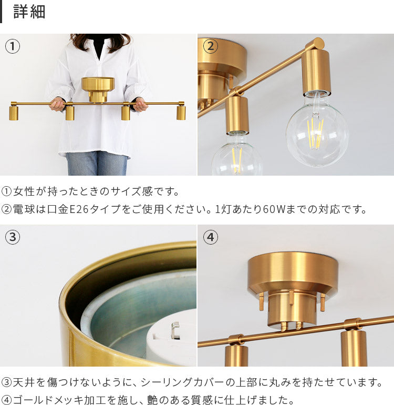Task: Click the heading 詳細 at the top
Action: click(x=29, y=12)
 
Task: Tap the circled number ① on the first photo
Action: click(x=13, y=46)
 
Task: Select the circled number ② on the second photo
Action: click(x=210, y=46)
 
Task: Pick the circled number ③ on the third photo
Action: click(x=13, y=237)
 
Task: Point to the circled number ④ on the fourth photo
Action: click(x=210, y=237)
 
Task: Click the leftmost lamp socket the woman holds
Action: click(x=14, y=112)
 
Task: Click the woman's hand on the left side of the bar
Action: click(x=57, y=105)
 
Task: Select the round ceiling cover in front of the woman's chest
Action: click(x=98, y=89)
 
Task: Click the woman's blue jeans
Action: click(x=97, y=164)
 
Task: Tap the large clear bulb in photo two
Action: click(x=317, y=130)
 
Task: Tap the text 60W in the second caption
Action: click(x=274, y=209)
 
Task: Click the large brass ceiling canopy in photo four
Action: click(x=293, y=277)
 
